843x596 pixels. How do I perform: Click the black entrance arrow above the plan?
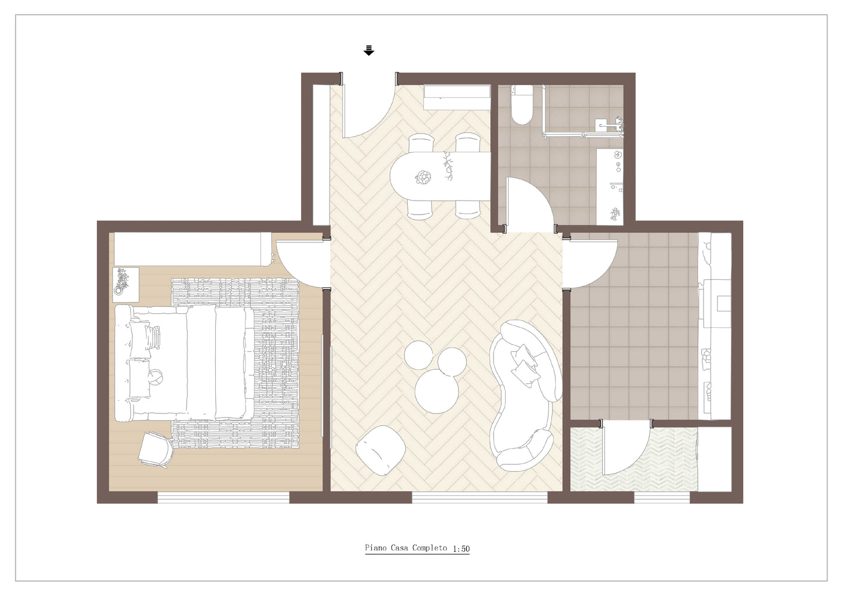pos(369,50)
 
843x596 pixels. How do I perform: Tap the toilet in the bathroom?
pos(522,105)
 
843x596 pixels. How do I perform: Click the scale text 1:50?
pos(461,549)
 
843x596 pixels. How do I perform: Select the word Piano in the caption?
pos(376,548)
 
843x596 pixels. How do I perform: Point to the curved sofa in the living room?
pos(526,395)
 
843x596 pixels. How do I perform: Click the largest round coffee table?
pos(436,391)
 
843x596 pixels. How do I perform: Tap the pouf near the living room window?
pos(380,450)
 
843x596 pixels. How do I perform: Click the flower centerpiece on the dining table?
pos(424,177)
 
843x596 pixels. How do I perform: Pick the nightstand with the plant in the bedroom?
pos(126,285)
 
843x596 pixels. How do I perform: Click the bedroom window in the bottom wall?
pos(223,497)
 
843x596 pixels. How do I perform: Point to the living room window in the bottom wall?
pos(480,497)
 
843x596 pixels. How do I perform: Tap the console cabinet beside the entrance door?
pos(457,97)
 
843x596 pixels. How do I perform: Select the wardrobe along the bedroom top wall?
pos(192,249)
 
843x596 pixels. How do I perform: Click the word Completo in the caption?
pos(430,548)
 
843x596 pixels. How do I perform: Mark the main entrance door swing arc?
pos(380,120)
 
